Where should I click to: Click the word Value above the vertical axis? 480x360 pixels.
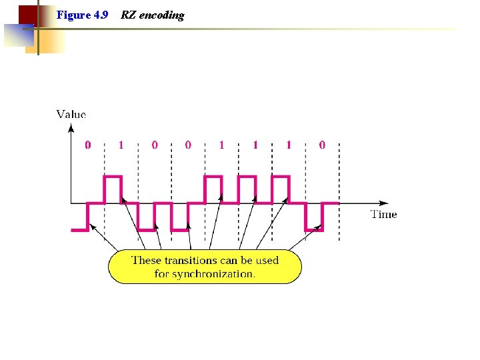point(71,115)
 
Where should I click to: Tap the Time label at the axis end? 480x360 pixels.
point(383,214)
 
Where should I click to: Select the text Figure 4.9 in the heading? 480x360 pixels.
point(82,15)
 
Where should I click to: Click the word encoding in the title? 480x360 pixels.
point(161,15)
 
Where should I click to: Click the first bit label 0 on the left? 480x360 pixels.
point(88,145)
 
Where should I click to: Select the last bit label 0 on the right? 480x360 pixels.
point(323,145)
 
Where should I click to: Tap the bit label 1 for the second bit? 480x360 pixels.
point(121,145)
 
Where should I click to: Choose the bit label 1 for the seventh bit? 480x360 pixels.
point(289,145)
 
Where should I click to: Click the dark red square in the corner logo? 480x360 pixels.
point(27,14)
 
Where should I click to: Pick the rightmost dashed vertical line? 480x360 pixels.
point(339,190)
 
